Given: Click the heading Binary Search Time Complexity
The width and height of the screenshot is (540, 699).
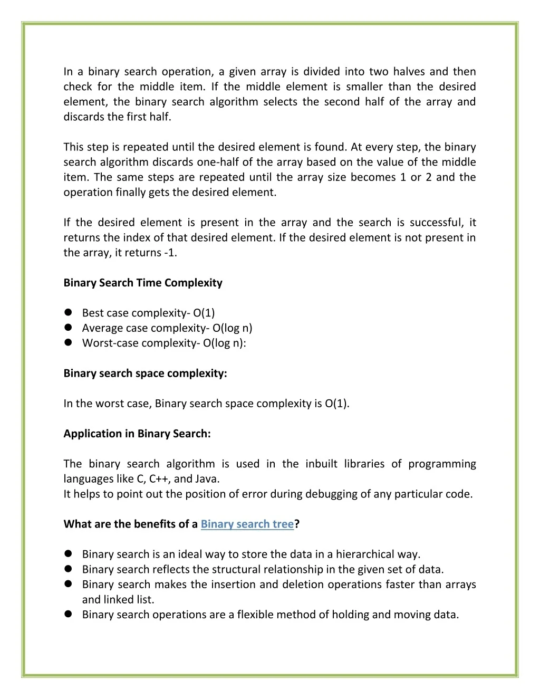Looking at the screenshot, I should pos(143,283).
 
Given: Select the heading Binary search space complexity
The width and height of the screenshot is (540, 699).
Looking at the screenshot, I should pos(145,374).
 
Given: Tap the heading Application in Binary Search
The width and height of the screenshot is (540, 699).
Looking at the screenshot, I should pos(137,434).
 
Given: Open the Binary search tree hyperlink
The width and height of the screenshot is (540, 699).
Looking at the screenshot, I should pos(247,524).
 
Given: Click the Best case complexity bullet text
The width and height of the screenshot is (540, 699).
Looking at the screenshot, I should pos(148,313).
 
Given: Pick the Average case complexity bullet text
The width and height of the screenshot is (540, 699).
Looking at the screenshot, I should pos(167,328).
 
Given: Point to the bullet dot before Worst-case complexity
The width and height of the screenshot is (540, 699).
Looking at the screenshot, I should pos(68,343).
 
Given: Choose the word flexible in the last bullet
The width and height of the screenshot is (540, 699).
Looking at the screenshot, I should pos(255,615).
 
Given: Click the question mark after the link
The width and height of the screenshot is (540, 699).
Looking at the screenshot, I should pos(297,524).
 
